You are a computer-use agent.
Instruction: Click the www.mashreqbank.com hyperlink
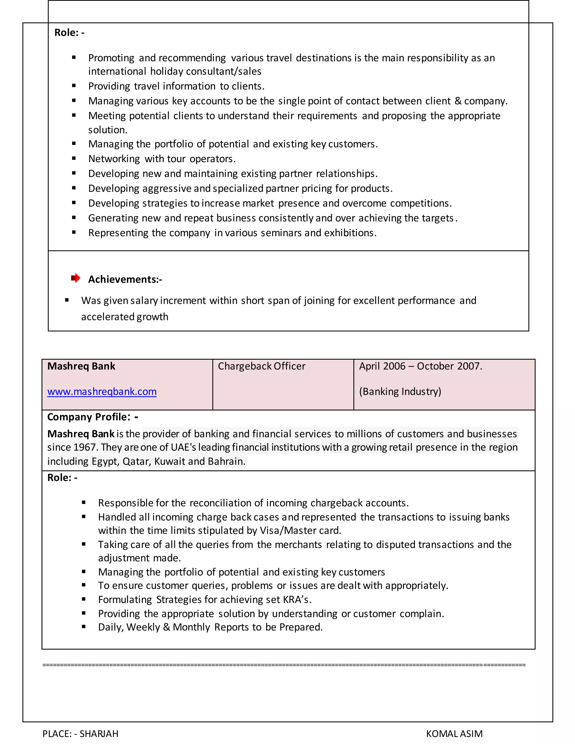pos(102,392)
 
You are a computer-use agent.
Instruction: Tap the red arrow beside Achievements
pos(76,278)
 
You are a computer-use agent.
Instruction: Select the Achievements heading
pos(125,279)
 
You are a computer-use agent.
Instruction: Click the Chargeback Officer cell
pos(261,366)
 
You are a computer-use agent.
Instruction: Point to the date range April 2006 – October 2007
pos(420,366)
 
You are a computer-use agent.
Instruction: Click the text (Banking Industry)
pos(400,391)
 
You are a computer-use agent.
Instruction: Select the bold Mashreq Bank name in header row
pos(81,366)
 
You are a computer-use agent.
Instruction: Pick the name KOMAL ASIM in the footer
pos(454,733)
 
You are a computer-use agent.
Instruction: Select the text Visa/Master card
pos(300,530)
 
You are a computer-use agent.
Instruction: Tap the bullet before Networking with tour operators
pos(74,158)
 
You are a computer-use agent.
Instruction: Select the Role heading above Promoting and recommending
pos(69,33)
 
